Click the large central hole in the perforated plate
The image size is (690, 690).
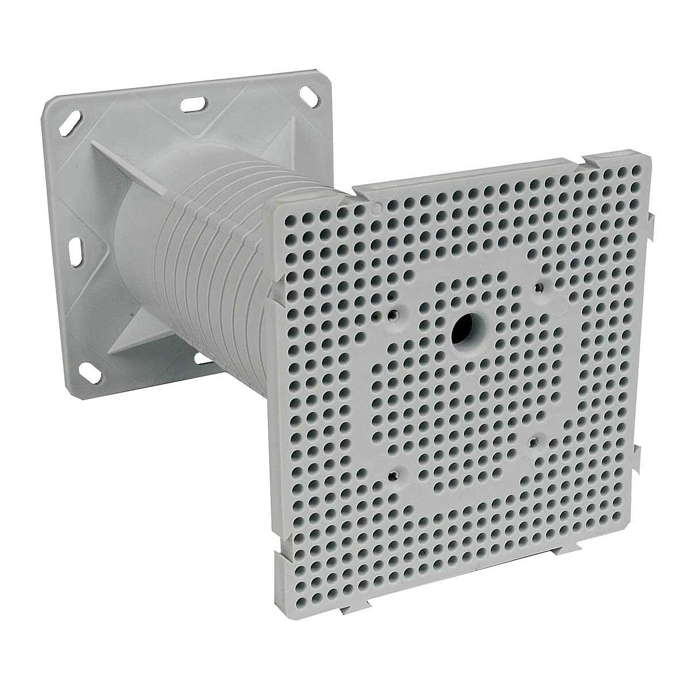click(463, 329)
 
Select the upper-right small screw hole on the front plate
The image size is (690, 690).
click(539, 286)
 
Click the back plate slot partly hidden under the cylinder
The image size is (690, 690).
click(202, 358)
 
